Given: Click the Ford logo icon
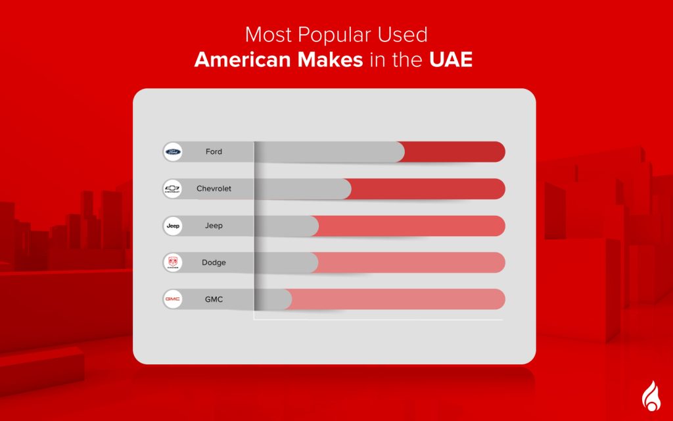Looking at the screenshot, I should (x=173, y=152).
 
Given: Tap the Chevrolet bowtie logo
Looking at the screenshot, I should (x=173, y=189).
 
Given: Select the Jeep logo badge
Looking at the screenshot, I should (x=173, y=226).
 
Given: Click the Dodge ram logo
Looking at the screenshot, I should (x=173, y=262).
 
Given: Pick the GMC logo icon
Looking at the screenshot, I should (x=173, y=299).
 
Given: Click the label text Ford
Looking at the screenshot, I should (x=214, y=152).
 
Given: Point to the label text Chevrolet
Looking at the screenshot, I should (x=214, y=189).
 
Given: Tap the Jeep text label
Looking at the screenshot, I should (x=214, y=226).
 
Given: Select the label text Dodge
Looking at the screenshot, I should (x=214, y=262).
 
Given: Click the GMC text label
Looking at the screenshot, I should (x=214, y=299).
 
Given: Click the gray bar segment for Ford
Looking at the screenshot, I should (x=329, y=152).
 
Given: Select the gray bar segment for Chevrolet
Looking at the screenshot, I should (x=302, y=189).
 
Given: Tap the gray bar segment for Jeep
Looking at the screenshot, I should (x=286, y=226).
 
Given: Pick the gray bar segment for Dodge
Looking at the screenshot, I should (x=286, y=262).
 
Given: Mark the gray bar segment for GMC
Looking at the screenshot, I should (x=273, y=299).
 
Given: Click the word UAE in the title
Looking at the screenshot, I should (x=451, y=60).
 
